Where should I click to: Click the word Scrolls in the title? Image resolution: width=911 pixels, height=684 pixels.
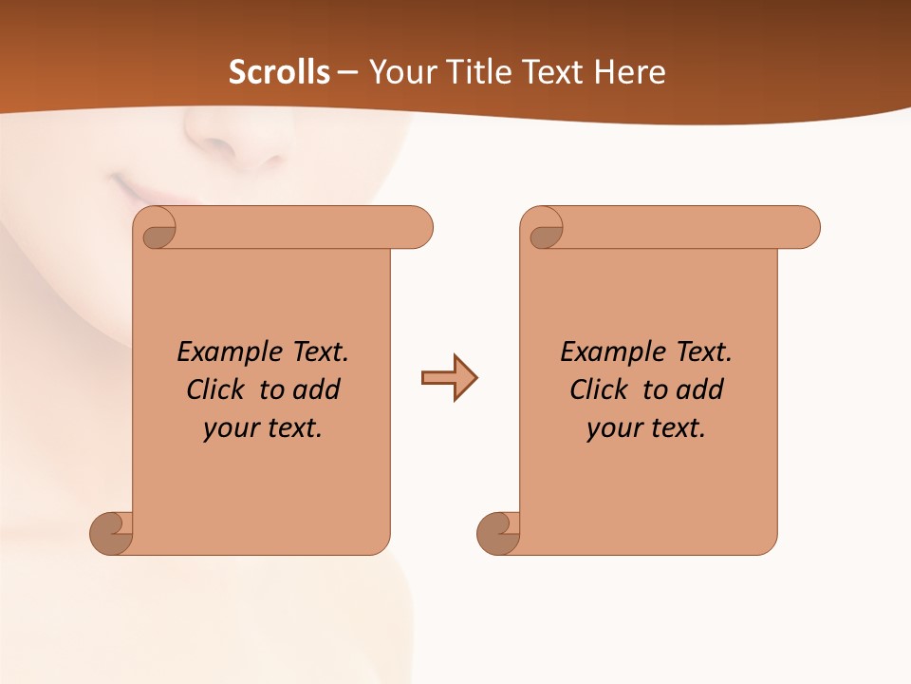click(x=280, y=72)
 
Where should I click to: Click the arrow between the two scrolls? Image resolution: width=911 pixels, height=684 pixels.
click(x=449, y=378)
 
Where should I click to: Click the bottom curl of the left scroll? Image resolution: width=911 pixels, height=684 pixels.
click(x=112, y=534)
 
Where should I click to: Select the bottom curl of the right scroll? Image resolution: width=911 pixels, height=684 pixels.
click(x=499, y=534)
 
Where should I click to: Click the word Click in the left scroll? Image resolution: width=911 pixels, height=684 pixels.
click(x=216, y=389)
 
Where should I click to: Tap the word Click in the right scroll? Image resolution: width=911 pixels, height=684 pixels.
click(x=600, y=389)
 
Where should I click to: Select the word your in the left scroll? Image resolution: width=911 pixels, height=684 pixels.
click(x=231, y=428)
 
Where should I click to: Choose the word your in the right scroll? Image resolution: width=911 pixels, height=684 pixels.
click(x=614, y=428)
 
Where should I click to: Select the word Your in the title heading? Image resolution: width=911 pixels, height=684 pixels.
click(x=400, y=72)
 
